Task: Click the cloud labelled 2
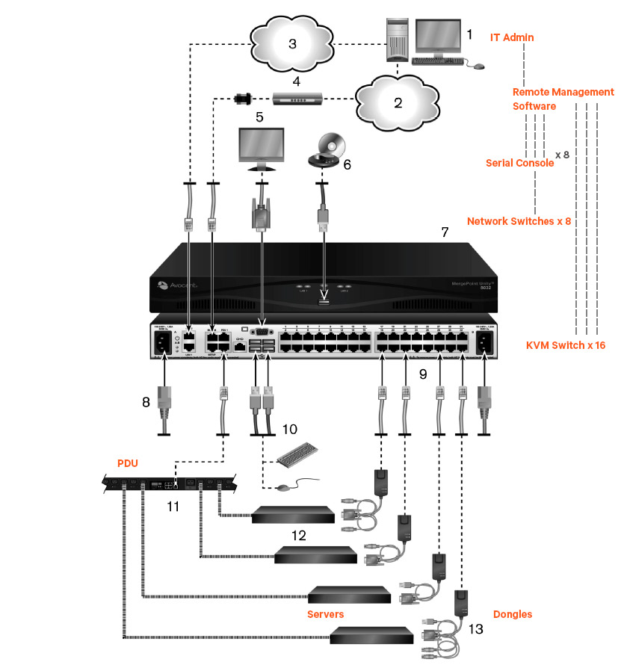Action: [396, 102]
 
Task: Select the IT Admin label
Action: [512, 37]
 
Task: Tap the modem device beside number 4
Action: [297, 97]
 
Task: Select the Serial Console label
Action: [519, 163]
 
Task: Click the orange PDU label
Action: [127, 463]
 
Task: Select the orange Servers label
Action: [325, 614]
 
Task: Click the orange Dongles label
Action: [513, 614]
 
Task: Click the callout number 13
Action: [476, 629]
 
